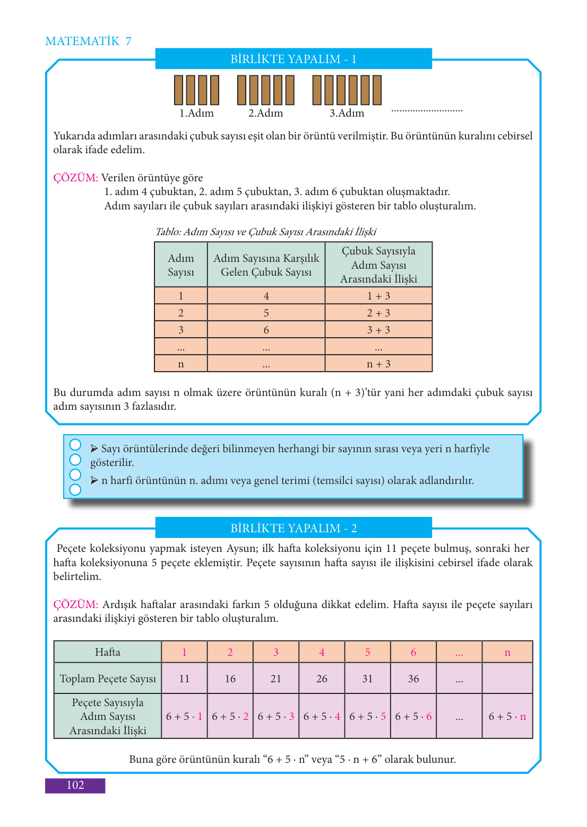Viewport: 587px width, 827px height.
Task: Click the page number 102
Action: pyautogui.click(x=75, y=785)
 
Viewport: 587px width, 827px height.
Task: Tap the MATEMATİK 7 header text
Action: pyautogui.click(x=88, y=41)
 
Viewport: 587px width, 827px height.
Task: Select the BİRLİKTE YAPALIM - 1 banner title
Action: pyautogui.click(x=293, y=59)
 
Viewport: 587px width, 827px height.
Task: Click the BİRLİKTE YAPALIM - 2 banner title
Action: pyautogui.click(x=293, y=528)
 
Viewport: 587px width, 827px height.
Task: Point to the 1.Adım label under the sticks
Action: pyautogui.click(x=196, y=113)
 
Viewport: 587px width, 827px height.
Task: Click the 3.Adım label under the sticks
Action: pyautogui.click(x=347, y=113)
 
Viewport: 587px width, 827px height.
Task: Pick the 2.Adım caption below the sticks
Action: pyautogui.click(x=265, y=113)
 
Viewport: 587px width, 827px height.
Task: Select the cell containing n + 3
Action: pyautogui.click(x=378, y=364)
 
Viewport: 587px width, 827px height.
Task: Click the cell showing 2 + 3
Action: pyautogui.click(x=378, y=313)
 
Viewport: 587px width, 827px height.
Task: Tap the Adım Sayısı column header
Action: pyautogui.click(x=181, y=265)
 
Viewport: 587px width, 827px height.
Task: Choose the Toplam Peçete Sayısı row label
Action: pyautogui.click(x=108, y=679)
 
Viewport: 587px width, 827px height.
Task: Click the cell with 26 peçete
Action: pyautogui.click(x=322, y=679)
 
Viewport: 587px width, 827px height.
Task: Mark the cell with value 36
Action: pyautogui.click(x=413, y=679)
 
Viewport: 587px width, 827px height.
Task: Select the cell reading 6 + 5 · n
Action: pyautogui.click(x=507, y=717)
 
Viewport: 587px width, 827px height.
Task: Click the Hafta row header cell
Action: pyautogui.click(x=108, y=652)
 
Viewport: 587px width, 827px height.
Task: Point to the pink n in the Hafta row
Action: pyautogui.click(x=507, y=653)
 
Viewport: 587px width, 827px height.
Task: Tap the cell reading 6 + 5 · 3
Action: pyautogui.click(x=276, y=717)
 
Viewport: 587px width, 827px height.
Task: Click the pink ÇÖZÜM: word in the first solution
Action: pyautogui.click(x=75, y=178)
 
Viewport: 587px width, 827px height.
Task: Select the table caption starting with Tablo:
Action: pyautogui.click(x=265, y=232)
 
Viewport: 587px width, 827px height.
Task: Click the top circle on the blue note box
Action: pyautogui.click(x=75, y=444)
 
